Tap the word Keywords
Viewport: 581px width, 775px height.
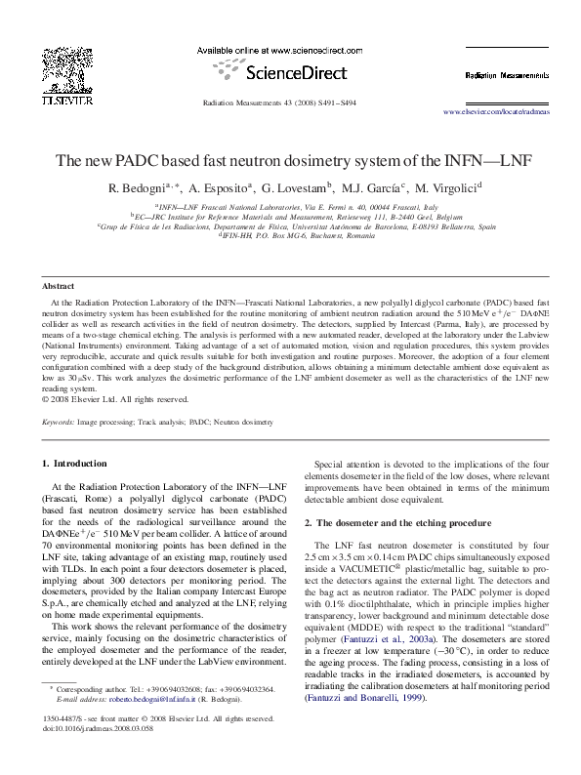[x=59, y=422]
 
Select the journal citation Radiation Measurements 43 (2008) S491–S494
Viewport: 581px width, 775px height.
[x=278, y=102]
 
